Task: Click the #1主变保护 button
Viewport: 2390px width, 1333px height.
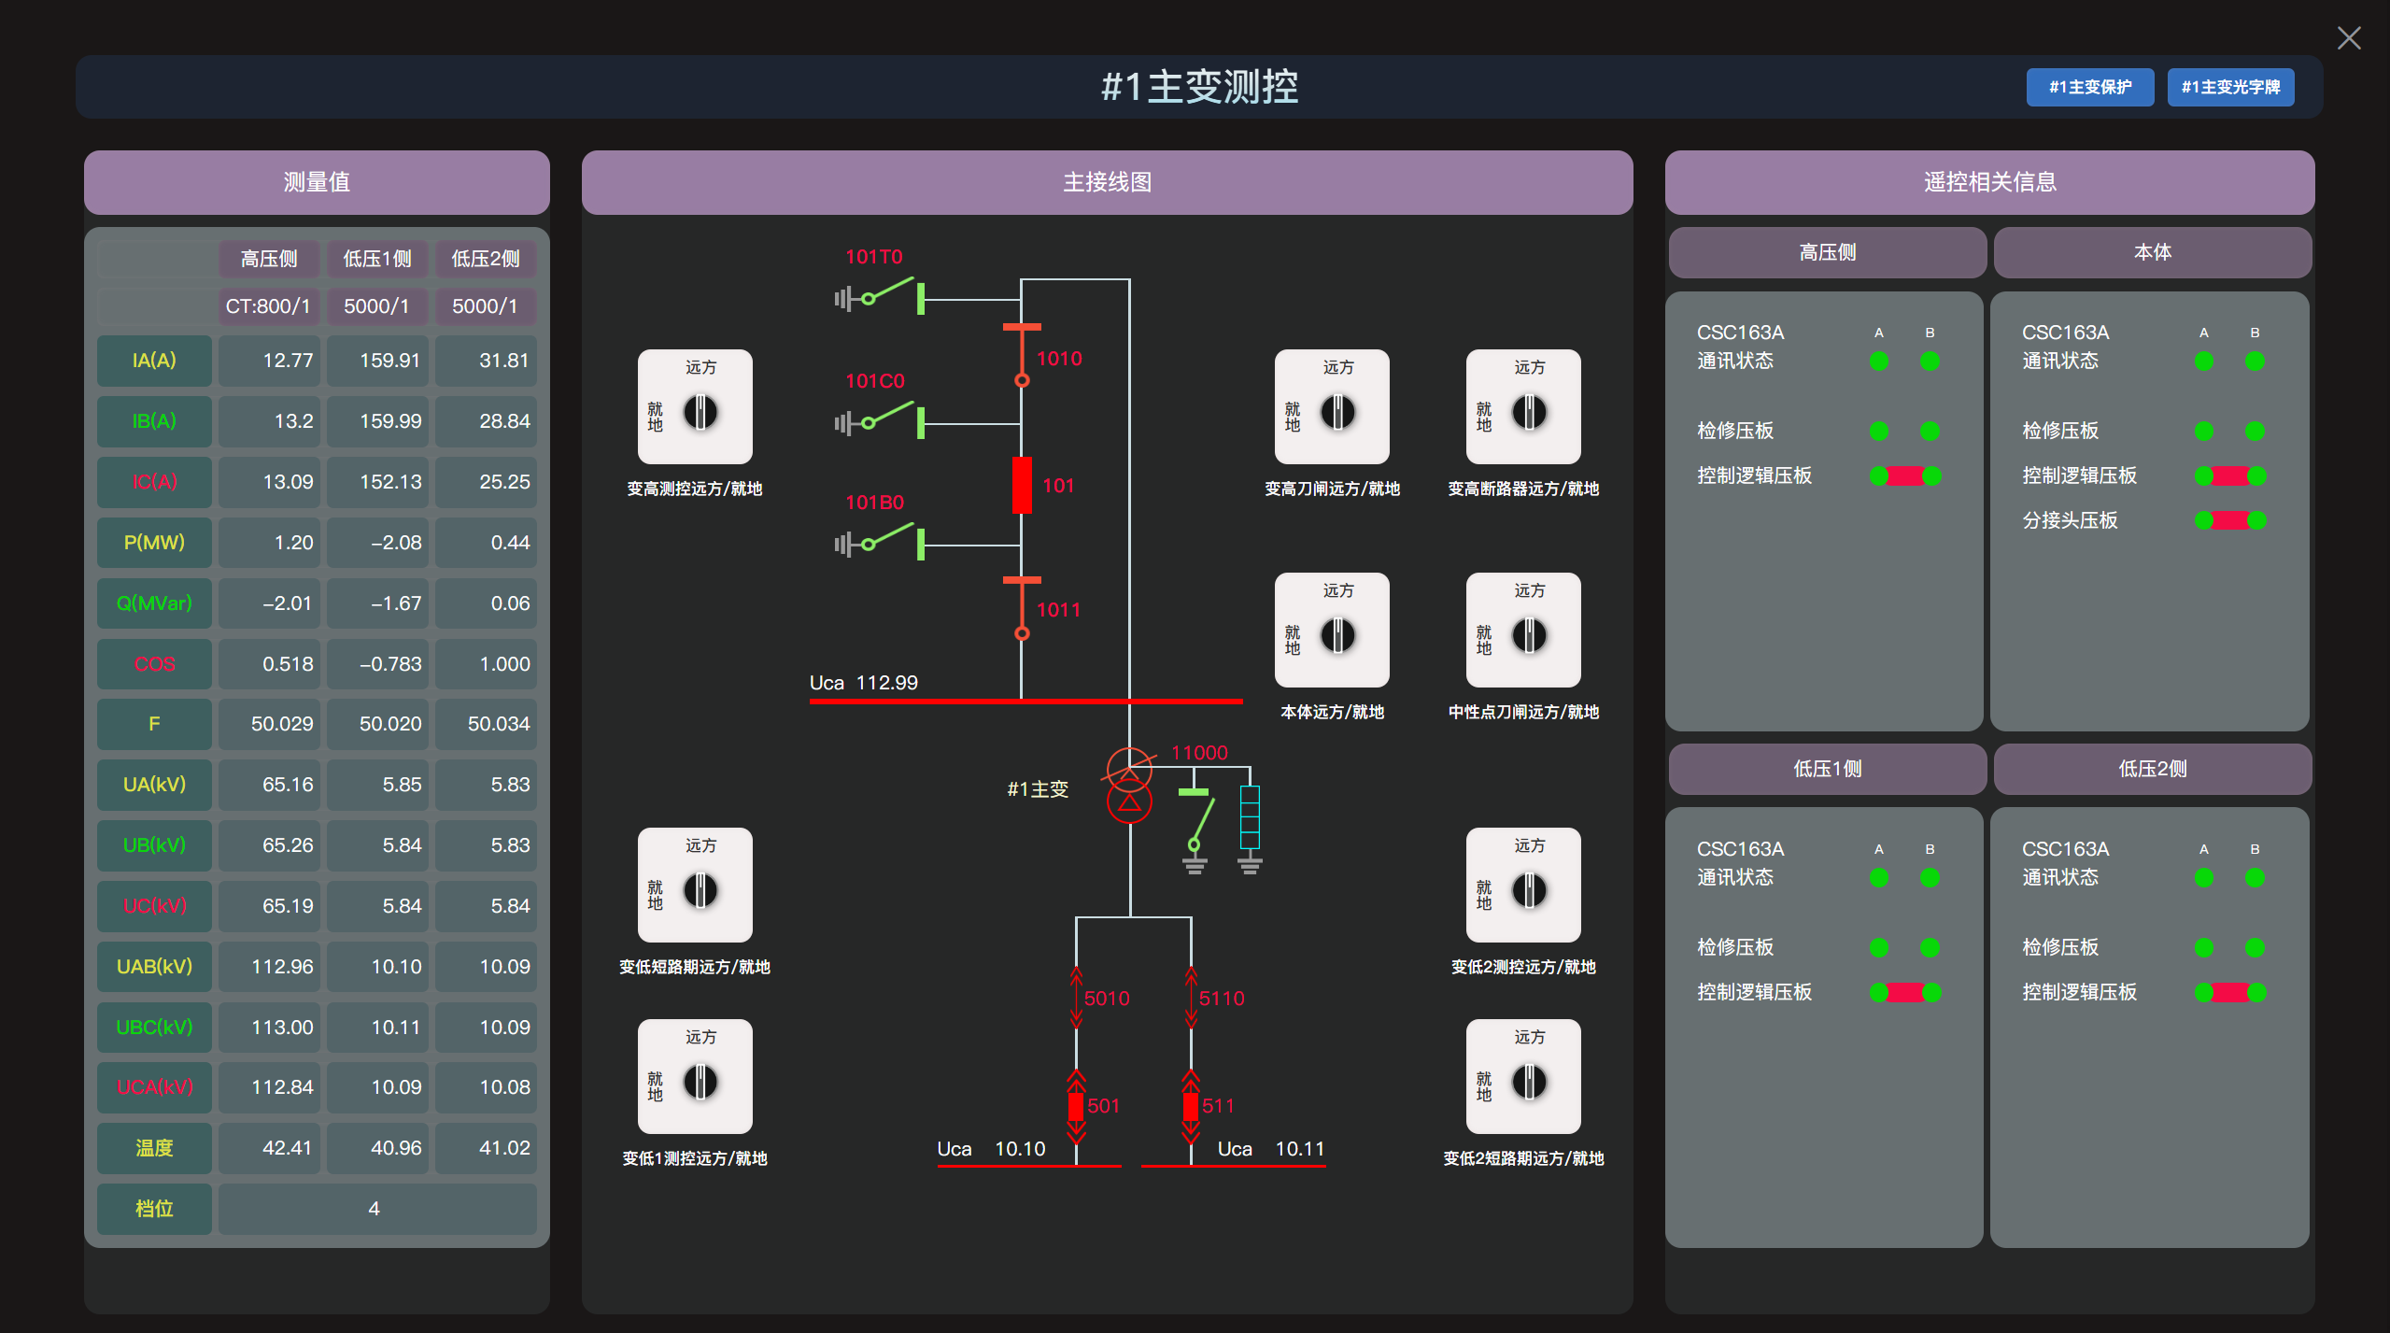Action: coord(2089,87)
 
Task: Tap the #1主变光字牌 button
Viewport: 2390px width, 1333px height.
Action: coord(2229,87)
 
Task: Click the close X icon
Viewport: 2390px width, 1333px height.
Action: coord(2348,38)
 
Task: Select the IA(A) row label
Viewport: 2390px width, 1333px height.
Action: coord(154,361)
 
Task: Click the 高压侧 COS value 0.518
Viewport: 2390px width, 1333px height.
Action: coord(269,664)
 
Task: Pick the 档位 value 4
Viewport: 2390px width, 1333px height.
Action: coord(375,1209)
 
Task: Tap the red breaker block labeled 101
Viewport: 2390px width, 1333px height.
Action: coord(1022,485)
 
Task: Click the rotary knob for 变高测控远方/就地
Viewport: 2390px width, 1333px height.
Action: coord(700,412)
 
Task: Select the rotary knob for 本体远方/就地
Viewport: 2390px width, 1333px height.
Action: coord(1337,635)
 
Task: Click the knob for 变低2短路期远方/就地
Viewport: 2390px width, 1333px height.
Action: coord(1529,1082)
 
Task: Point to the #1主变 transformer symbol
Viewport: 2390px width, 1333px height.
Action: coord(1129,786)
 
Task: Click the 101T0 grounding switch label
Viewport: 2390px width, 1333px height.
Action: coord(873,257)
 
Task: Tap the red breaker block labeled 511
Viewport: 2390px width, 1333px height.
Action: coord(1191,1106)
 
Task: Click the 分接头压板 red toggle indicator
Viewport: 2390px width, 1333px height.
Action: coord(2230,520)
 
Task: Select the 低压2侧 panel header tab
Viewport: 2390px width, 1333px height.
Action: coord(2152,769)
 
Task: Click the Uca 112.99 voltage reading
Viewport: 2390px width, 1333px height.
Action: coord(864,683)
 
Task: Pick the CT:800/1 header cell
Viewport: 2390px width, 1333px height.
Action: coord(269,306)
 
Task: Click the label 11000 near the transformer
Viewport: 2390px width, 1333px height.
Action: coord(1199,753)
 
